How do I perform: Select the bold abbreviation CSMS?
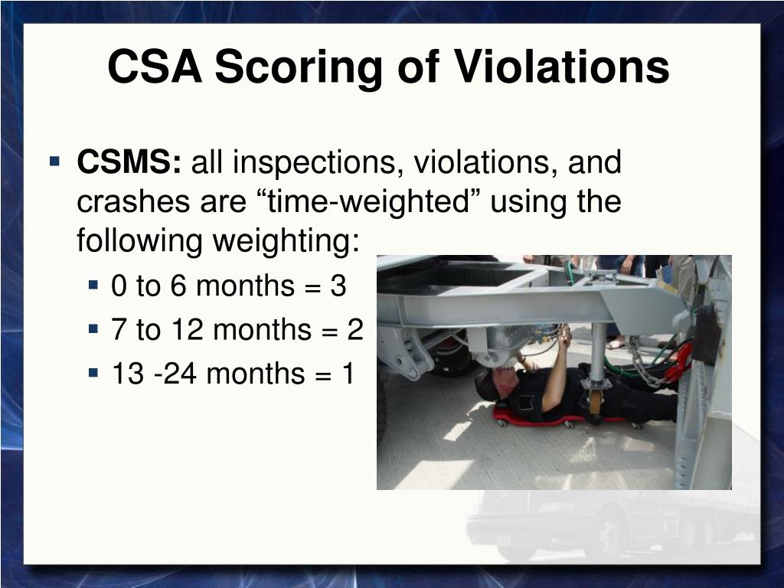pyautogui.click(x=129, y=162)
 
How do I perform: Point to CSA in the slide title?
pyautogui.click(x=155, y=66)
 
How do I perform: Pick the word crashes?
pyautogui.click(x=134, y=201)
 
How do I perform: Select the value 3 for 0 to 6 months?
pyautogui.click(x=338, y=286)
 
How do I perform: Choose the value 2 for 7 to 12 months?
pyautogui.click(x=355, y=329)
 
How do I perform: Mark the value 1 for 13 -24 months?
pyautogui.click(x=348, y=374)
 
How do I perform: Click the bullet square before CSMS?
pyautogui.click(x=54, y=162)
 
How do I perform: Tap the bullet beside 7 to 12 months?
pyautogui.click(x=93, y=329)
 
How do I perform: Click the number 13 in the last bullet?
pyautogui.click(x=129, y=374)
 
